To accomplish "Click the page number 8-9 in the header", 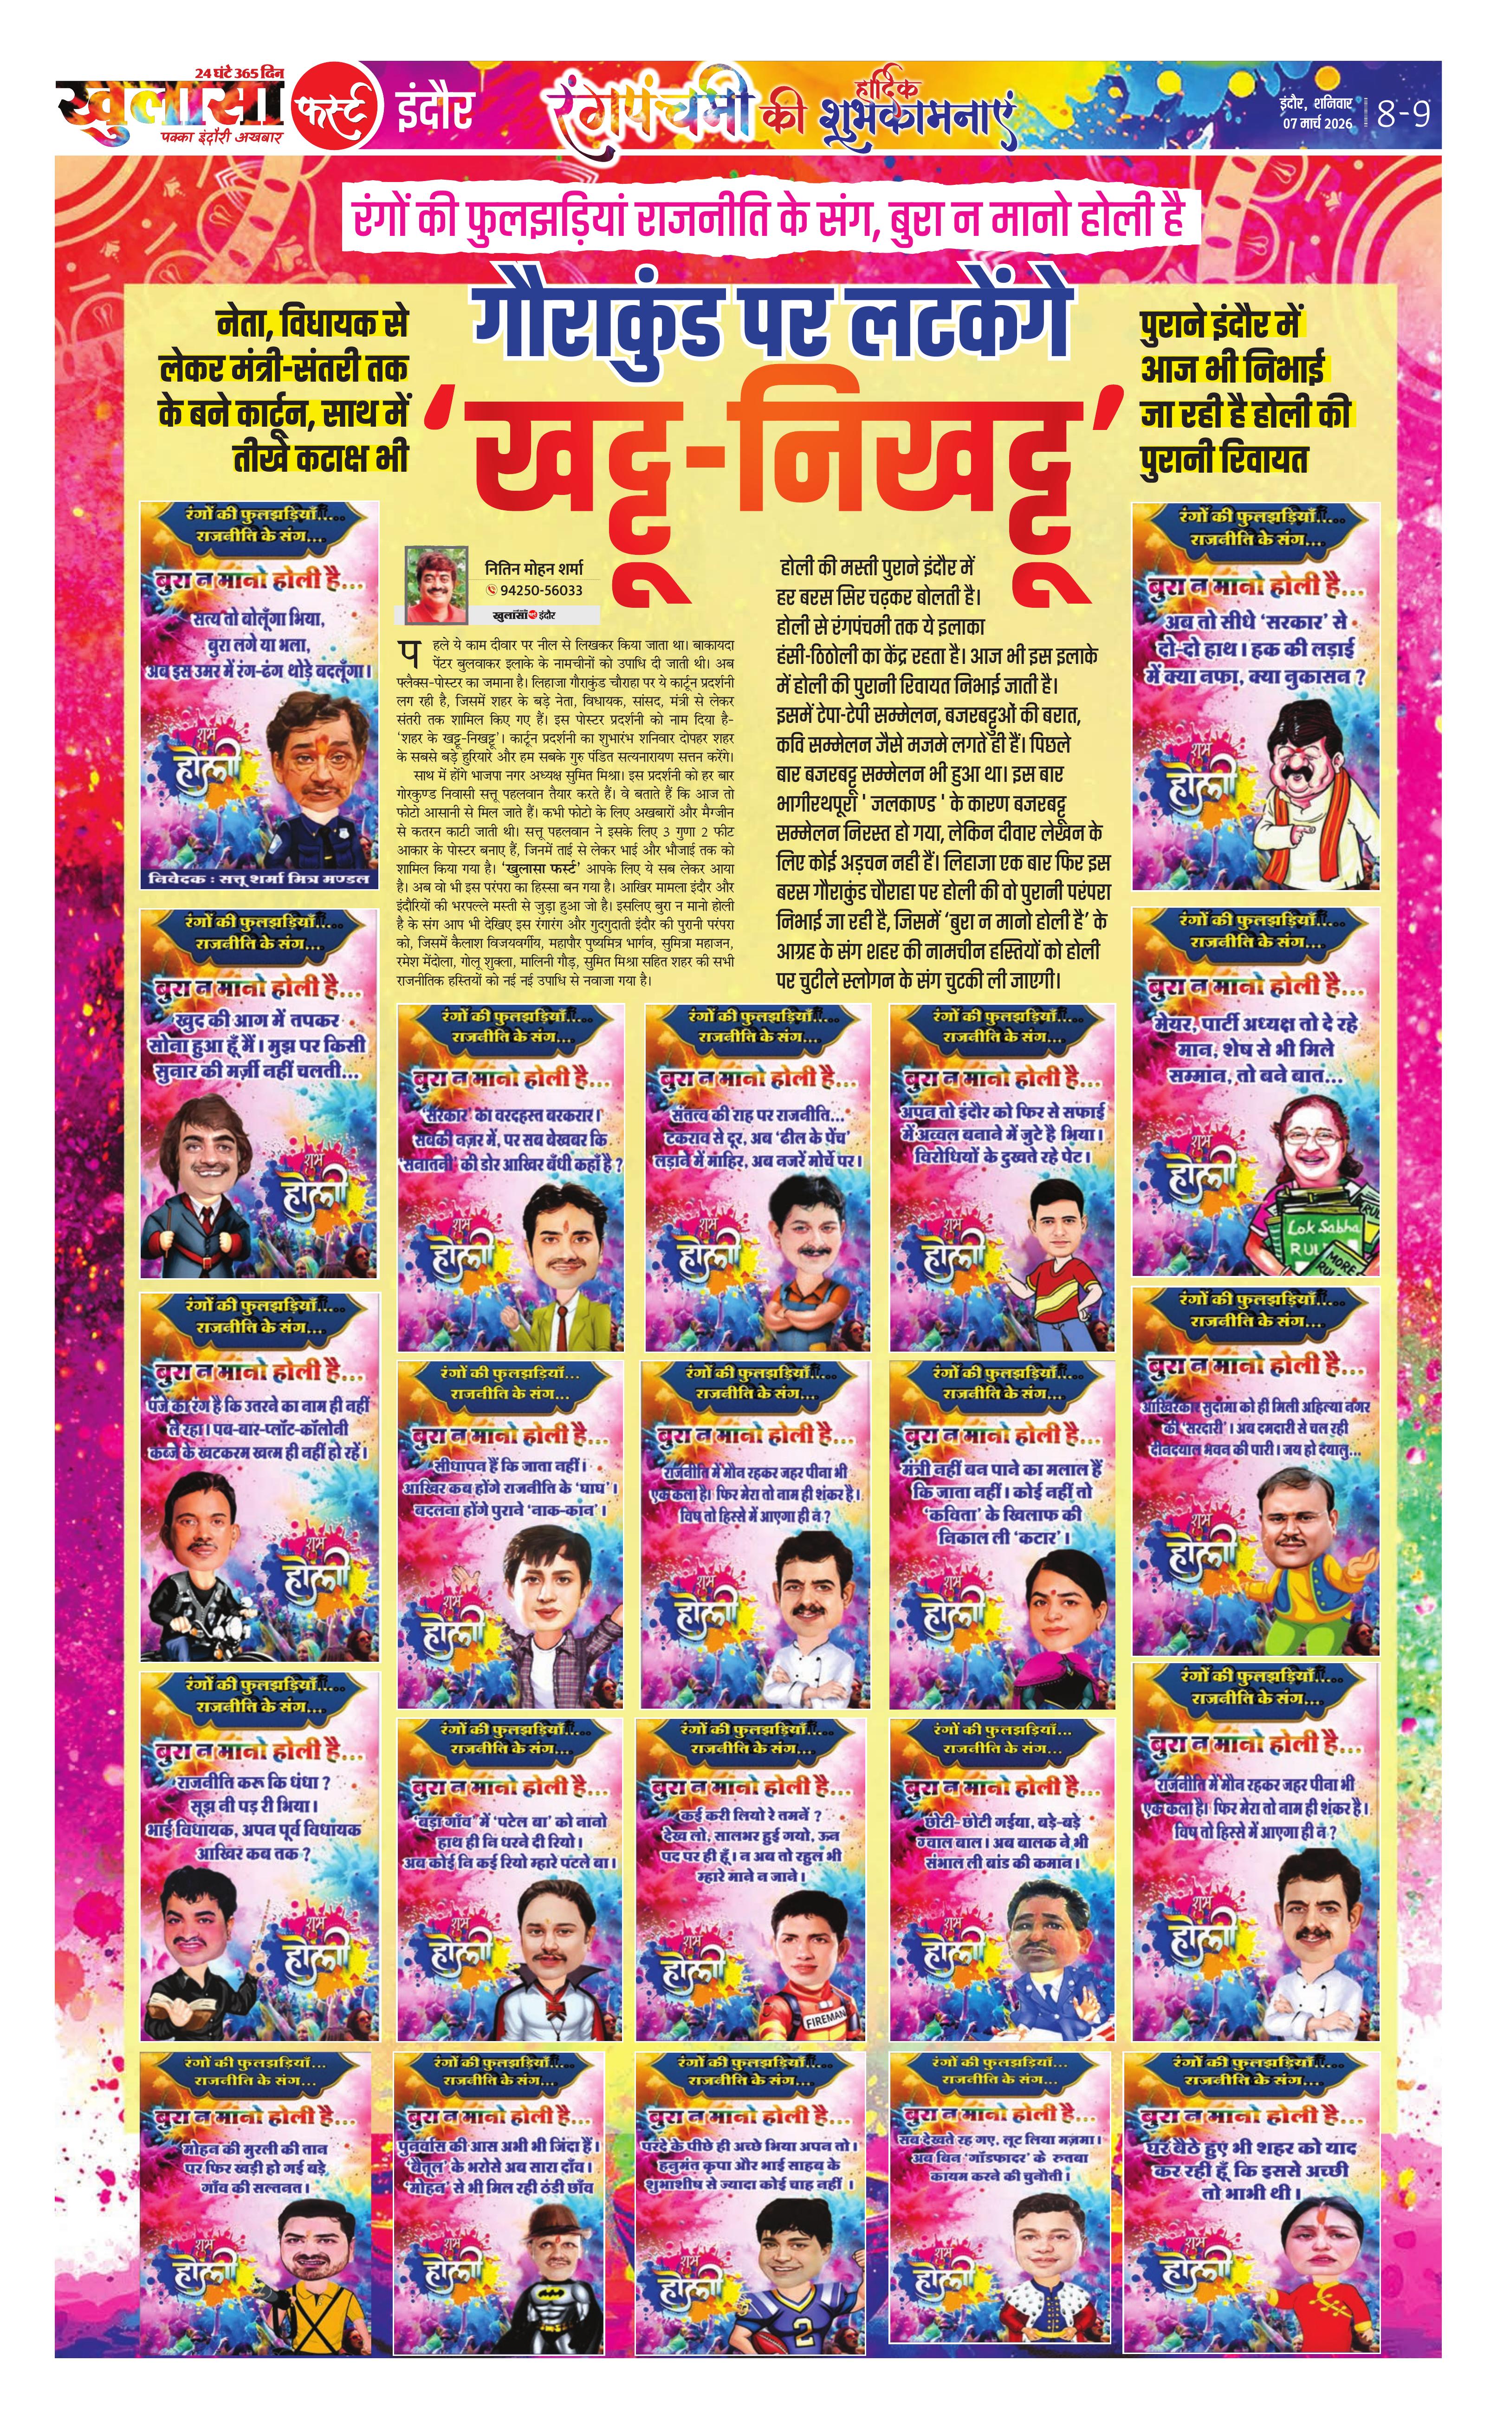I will click(x=1404, y=114).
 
